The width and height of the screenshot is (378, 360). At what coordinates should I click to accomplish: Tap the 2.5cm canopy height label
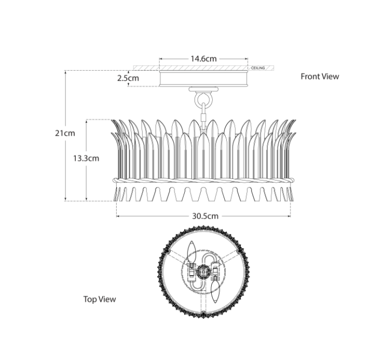[128, 78]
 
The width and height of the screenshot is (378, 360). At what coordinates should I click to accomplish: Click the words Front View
[320, 76]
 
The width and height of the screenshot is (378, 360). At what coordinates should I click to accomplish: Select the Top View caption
[99, 299]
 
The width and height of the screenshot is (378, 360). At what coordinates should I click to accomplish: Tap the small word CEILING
[258, 68]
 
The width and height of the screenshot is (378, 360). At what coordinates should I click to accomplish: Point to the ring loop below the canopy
[204, 99]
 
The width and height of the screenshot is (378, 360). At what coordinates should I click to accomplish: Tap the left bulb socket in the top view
[191, 268]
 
